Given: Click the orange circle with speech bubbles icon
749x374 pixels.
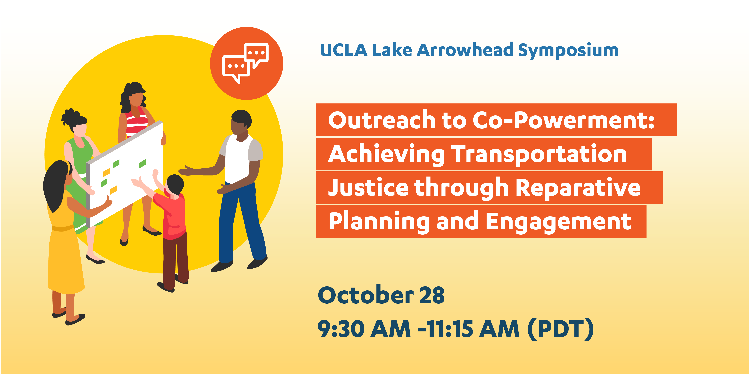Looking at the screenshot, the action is click(247, 63).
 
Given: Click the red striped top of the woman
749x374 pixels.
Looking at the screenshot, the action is click(136, 122).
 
